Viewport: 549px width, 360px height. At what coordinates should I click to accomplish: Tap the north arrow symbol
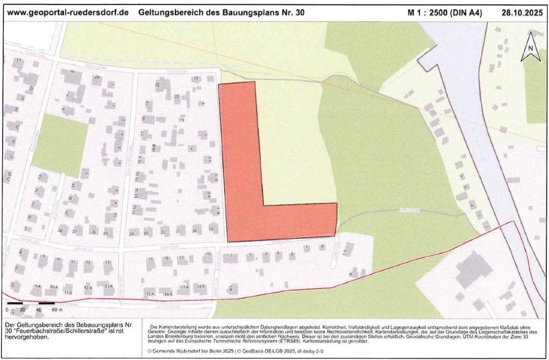pos(530,47)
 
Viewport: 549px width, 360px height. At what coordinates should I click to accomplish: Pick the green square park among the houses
pos(60,141)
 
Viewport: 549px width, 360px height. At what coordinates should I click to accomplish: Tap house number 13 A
pos(108,287)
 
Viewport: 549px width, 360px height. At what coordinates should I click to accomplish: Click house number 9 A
pos(38,287)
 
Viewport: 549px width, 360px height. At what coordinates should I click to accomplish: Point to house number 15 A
pos(149,293)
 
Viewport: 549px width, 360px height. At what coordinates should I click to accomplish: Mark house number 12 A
pos(88,288)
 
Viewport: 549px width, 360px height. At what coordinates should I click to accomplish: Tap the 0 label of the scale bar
pos(8,310)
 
